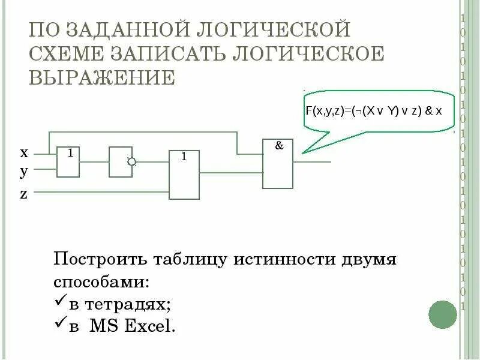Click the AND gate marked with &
(278, 164)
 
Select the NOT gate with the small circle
(121, 161)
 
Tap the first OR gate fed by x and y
(68, 161)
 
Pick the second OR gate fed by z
(184, 175)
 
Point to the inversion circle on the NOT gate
(132, 161)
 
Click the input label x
(24, 152)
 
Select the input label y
(24, 172)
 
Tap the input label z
(24, 194)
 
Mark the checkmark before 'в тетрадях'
(60, 303)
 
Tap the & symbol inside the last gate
(279, 145)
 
